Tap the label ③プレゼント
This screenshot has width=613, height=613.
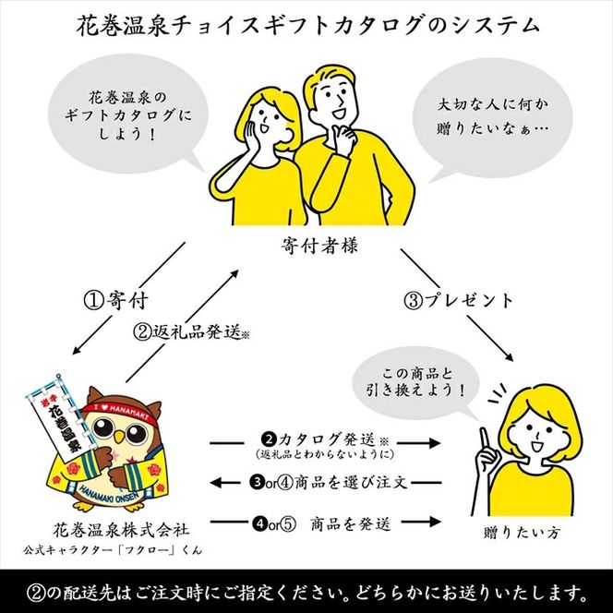pyautogui.click(x=459, y=300)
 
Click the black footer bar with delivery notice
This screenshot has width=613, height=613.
pyautogui.click(x=306, y=590)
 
